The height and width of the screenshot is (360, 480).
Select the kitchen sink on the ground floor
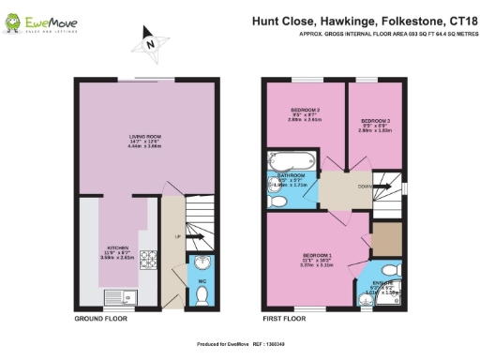coord(120,297)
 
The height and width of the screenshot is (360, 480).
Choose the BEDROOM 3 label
coord(375,121)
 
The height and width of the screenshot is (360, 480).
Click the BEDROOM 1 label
coord(317,254)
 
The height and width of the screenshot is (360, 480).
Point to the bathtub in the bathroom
coord(292,158)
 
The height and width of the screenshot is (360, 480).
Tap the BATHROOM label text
coord(292,174)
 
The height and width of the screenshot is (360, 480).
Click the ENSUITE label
coord(389,284)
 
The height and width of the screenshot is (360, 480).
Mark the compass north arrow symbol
coord(148,42)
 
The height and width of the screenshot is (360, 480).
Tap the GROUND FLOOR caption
coord(102,320)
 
